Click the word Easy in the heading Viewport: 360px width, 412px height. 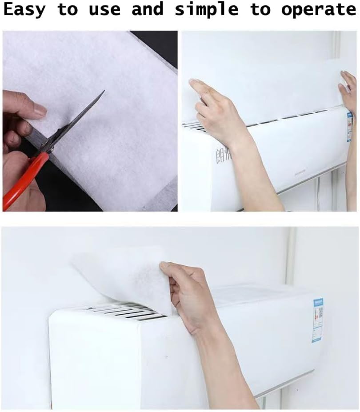pyautogui.click(x=24, y=10)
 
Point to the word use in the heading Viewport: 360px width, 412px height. pyautogui.click(x=105, y=10)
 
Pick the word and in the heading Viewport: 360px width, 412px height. pyautogui.click(x=148, y=10)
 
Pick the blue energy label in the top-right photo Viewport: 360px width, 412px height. pyautogui.click(x=349, y=127)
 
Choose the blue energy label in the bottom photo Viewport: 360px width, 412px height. pyautogui.click(x=317, y=320)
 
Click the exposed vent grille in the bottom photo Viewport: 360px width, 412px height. pyautogui.click(x=124, y=311)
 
